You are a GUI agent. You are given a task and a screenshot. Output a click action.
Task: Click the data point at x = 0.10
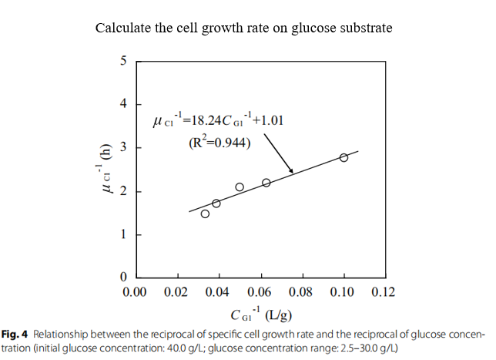pos(344,157)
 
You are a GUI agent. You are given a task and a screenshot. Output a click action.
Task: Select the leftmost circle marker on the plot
pos(205,214)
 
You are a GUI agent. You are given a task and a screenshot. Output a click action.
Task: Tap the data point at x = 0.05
pos(240,187)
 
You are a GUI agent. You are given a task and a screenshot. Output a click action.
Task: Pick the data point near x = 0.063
pos(266,183)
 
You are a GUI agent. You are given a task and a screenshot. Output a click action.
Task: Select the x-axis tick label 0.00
pos(135,292)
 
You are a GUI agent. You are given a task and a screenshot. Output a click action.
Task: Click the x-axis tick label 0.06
pos(260,292)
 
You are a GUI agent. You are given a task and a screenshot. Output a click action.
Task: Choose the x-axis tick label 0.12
pos(384,292)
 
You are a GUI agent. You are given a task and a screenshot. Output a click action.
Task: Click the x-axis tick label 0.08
pos(302,292)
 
